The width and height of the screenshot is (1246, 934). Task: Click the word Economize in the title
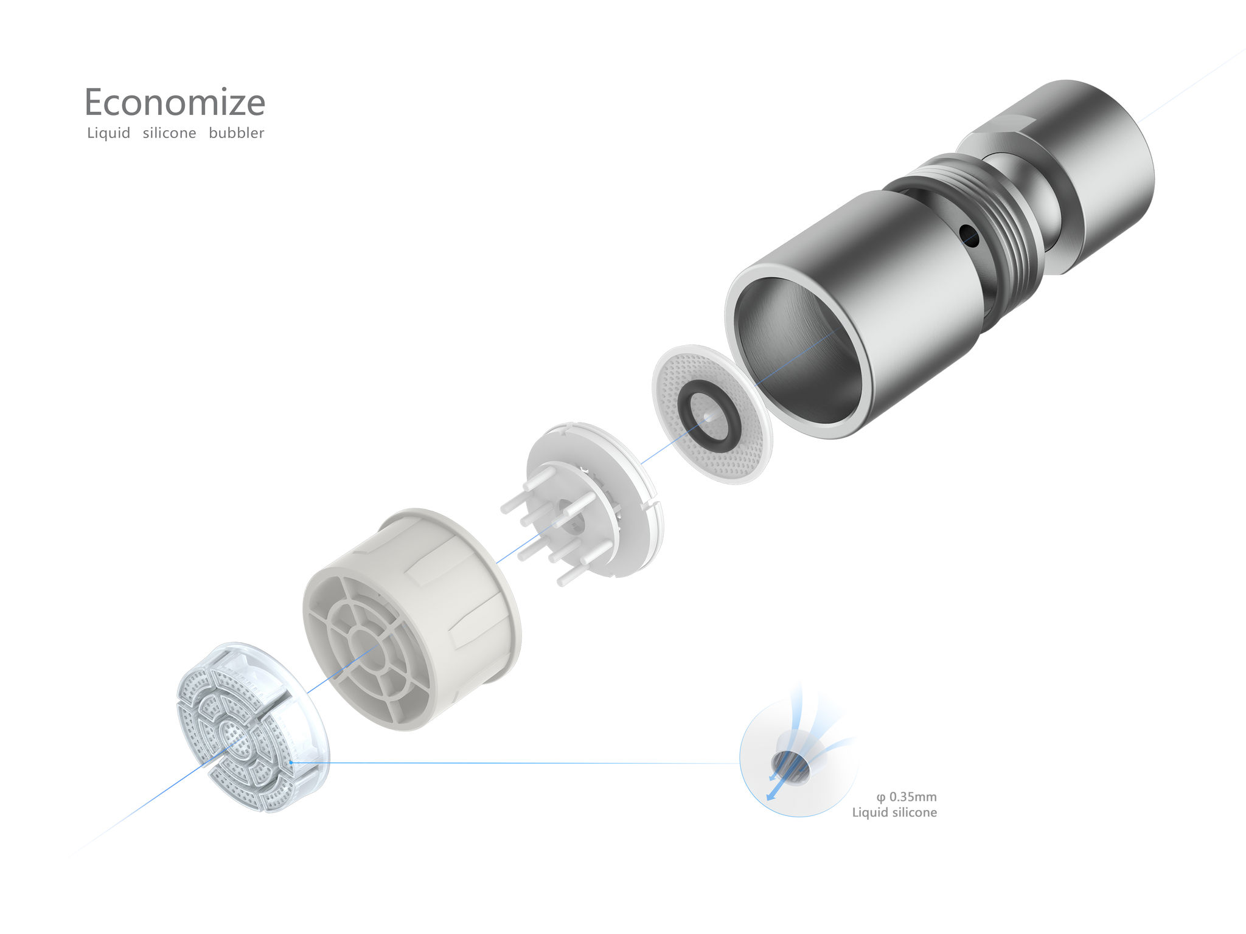(x=175, y=102)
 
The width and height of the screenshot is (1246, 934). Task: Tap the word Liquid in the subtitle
(x=108, y=133)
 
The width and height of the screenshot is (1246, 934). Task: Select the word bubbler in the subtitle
(x=236, y=133)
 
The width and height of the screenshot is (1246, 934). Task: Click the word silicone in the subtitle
(x=169, y=133)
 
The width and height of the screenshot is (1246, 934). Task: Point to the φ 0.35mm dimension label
(x=907, y=797)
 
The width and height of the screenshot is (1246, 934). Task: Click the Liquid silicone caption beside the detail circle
(x=894, y=812)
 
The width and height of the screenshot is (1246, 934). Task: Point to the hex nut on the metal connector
(x=998, y=137)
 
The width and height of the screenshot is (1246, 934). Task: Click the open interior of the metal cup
(x=797, y=353)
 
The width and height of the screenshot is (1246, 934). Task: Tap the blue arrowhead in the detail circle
(x=770, y=796)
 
